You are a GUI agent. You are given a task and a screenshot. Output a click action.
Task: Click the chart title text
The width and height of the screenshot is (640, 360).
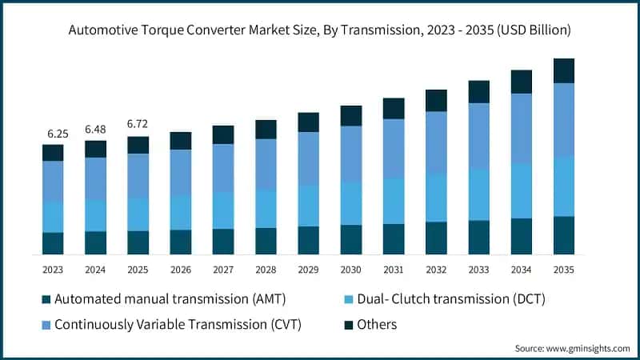pos(320,31)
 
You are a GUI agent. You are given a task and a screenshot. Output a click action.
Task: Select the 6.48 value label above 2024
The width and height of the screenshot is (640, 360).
pos(95,130)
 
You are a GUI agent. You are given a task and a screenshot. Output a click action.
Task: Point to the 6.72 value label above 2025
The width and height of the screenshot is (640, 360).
pos(138,125)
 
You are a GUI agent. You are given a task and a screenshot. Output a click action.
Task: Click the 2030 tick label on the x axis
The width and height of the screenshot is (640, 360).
pos(350,270)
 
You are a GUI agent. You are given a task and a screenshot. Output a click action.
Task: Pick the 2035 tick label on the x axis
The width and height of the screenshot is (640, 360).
pos(563,270)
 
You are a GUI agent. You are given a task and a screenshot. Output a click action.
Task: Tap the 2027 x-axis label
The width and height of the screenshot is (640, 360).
pos(223,270)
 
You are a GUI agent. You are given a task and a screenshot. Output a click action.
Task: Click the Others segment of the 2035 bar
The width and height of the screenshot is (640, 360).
pos(563,71)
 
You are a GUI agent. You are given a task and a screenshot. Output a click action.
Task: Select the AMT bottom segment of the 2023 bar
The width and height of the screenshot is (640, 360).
pos(53,243)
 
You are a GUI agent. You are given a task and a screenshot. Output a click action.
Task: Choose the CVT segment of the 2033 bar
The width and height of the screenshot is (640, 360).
pos(478,136)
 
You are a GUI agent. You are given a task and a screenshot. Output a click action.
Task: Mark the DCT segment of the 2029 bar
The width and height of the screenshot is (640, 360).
pos(308,206)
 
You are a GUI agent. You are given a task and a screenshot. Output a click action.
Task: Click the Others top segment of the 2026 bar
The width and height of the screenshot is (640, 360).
pos(181,141)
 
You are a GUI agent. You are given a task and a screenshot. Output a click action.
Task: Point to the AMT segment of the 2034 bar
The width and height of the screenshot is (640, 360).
pos(521,236)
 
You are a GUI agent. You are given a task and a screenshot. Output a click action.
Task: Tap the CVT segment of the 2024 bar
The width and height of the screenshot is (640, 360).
pos(95,178)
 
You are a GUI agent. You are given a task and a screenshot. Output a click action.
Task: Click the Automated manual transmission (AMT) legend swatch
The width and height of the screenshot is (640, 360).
pos(46,299)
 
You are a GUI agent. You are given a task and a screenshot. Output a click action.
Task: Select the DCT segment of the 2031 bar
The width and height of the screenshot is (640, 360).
pos(393,200)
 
